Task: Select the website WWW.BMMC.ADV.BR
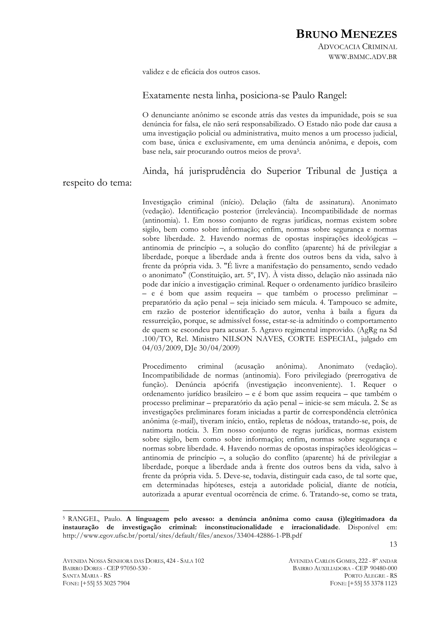(x=362, y=57)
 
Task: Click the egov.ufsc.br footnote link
(x=182, y=535)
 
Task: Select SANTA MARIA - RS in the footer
(x=87, y=581)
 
